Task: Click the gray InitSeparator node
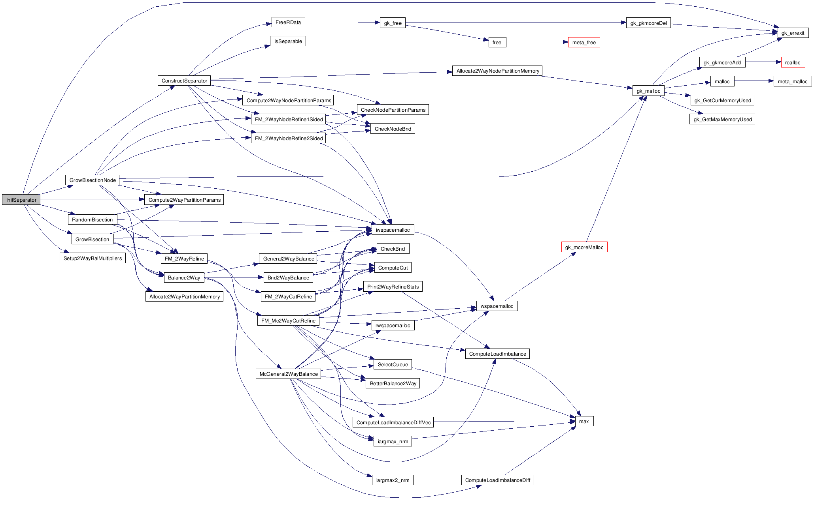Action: click(x=21, y=200)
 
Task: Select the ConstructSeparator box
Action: click(x=184, y=81)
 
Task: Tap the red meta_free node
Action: click(x=584, y=42)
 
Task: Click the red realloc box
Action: click(x=792, y=62)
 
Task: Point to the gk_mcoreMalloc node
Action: click(x=584, y=247)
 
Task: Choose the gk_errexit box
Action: click(x=793, y=33)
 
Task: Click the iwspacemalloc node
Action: click(x=393, y=230)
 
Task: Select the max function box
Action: click(x=584, y=421)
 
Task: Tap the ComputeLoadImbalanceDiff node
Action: click(x=497, y=480)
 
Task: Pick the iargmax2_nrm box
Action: click(x=393, y=480)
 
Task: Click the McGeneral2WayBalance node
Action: click(x=289, y=374)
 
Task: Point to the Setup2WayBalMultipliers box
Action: click(x=93, y=258)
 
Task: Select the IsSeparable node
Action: click(x=288, y=41)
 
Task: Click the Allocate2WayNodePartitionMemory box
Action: click(x=497, y=71)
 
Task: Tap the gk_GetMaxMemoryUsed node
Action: click(x=722, y=119)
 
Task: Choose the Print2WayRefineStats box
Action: click(x=393, y=287)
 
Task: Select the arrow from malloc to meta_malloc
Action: click(x=754, y=81)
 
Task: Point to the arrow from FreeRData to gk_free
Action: click(x=342, y=22)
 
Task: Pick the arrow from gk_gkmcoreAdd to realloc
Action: click(x=763, y=62)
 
